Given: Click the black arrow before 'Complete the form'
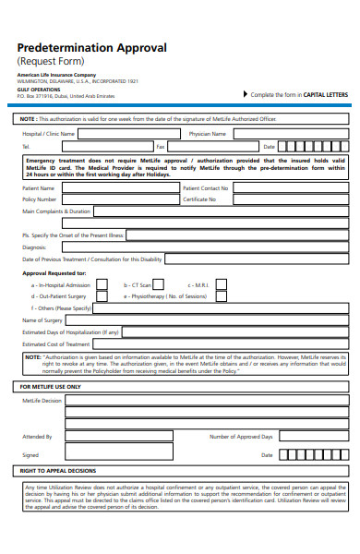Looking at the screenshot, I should (244, 94).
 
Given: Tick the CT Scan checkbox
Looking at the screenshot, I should (158, 285).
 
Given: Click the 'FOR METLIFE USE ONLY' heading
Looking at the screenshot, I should (51, 386).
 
